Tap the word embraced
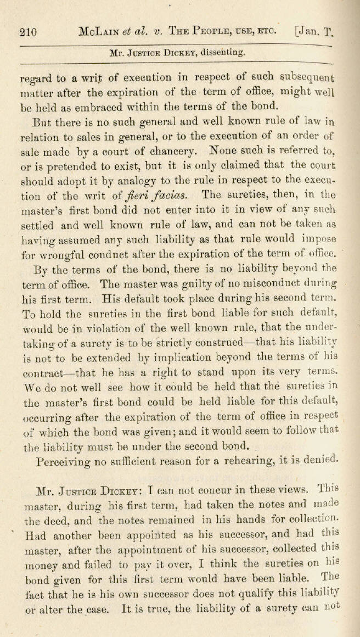pyautogui.click(x=102, y=106)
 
